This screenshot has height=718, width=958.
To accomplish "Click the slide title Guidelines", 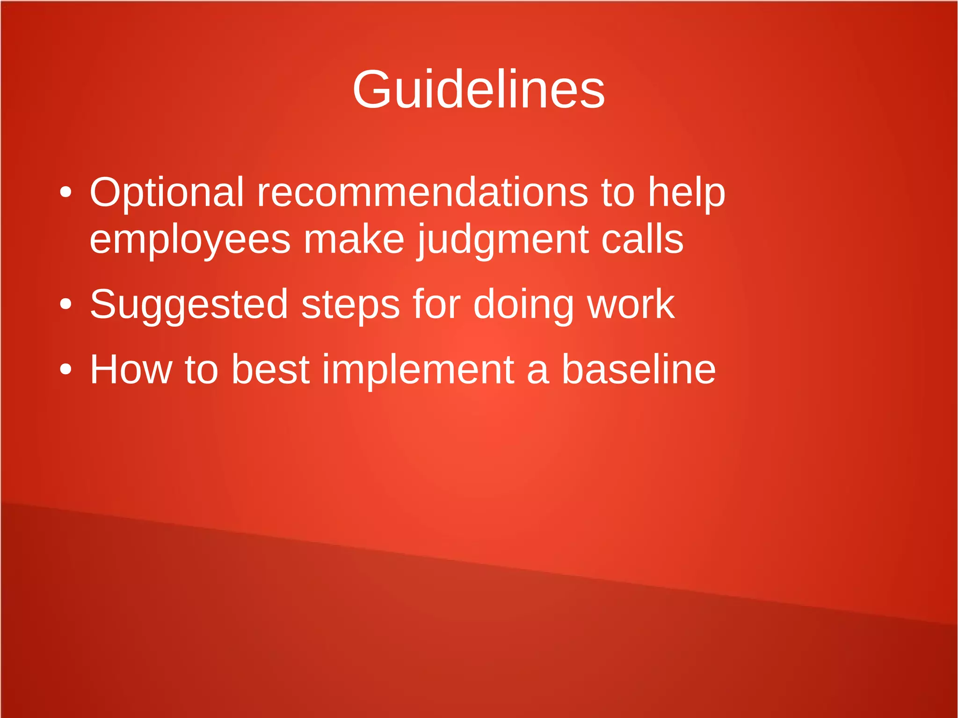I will tap(479, 89).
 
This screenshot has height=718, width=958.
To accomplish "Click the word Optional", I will tap(167, 192).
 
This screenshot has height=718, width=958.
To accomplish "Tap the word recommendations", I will tap(422, 192).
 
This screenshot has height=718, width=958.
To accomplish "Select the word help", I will tap(686, 192).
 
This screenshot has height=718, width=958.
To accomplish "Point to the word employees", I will tap(190, 240).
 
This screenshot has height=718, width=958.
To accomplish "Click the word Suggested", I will tap(189, 305).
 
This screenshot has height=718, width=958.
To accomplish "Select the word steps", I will tap(350, 305).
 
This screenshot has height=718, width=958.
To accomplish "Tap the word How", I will tap(131, 370).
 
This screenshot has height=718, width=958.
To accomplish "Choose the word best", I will tap(270, 370).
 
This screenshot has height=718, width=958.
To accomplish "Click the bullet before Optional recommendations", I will tap(66, 192).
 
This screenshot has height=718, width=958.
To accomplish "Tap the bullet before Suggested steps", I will tap(66, 305).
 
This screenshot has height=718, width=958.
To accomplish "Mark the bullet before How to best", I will tap(66, 370).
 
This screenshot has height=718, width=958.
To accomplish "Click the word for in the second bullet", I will tap(436, 304).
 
